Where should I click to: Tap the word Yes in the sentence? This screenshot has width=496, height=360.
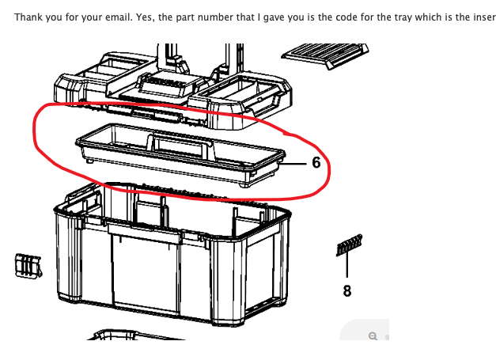coord(138,17)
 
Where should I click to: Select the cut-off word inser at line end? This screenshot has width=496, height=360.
coord(483,17)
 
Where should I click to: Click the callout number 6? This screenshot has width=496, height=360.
coord(316,163)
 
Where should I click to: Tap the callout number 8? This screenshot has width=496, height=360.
coord(346,291)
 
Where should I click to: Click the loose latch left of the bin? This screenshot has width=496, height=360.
coord(27,266)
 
